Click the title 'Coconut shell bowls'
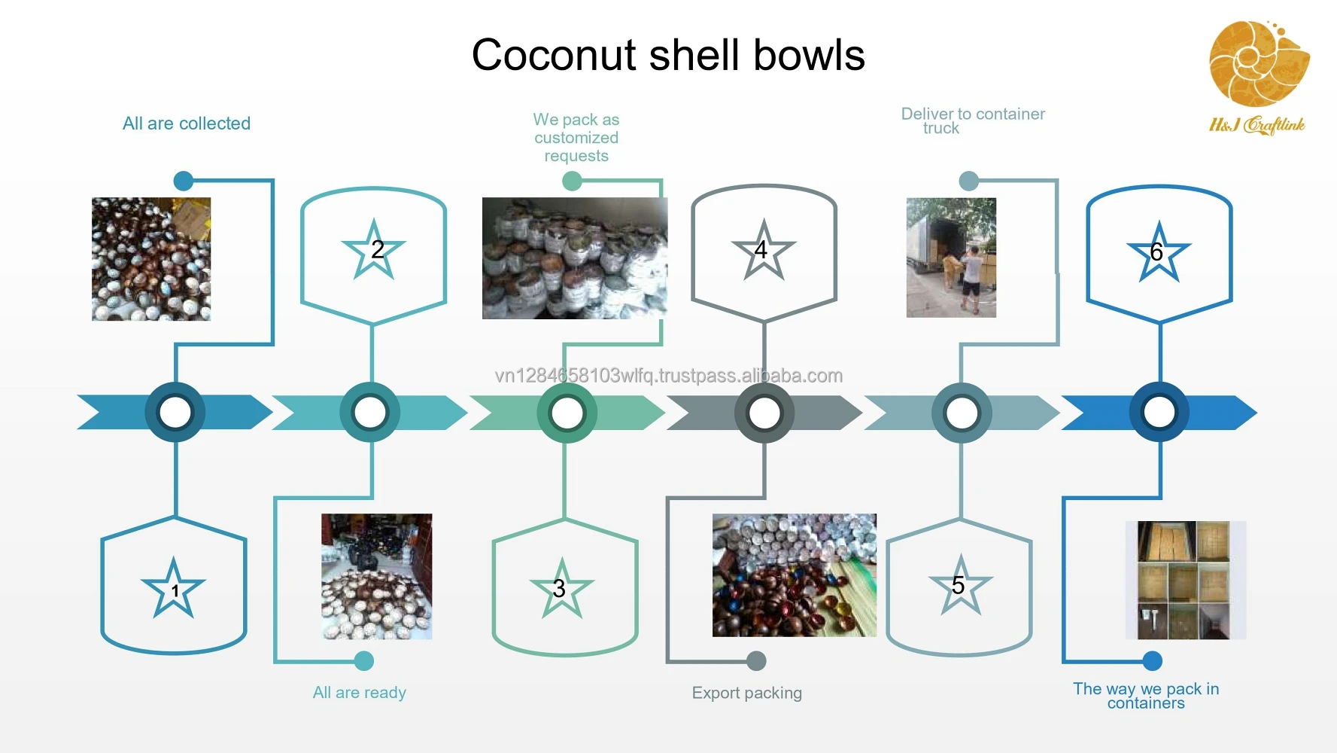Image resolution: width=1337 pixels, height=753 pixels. [x=668, y=55]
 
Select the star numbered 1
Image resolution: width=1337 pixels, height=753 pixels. [x=174, y=588]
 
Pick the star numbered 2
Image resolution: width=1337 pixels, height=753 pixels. [x=374, y=249]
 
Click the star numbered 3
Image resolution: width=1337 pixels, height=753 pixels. [x=561, y=588]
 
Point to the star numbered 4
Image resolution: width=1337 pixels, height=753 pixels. [x=764, y=250]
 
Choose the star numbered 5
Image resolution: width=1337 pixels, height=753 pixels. [x=961, y=585]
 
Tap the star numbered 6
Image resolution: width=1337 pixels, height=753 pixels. [x=1159, y=252]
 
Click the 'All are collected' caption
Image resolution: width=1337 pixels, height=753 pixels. [x=187, y=123]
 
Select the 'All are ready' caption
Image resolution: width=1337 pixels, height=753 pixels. [x=360, y=693]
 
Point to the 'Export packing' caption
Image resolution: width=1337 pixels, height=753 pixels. [x=747, y=693]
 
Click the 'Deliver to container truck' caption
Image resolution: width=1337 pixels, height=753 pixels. [x=973, y=120]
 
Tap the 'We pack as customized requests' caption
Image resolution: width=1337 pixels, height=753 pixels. [x=576, y=138]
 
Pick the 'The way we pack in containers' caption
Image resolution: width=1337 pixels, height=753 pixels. [x=1146, y=696]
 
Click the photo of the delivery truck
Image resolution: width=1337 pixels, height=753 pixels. [x=951, y=258]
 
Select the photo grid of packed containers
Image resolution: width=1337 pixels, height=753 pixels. [x=1185, y=580]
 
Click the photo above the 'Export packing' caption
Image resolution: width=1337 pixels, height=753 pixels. [x=795, y=575]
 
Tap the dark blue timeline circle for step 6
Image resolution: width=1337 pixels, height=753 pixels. [x=1159, y=413]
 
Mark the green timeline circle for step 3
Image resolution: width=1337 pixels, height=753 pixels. [x=567, y=413]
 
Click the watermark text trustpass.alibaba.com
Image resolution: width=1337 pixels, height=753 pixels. [x=669, y=375]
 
